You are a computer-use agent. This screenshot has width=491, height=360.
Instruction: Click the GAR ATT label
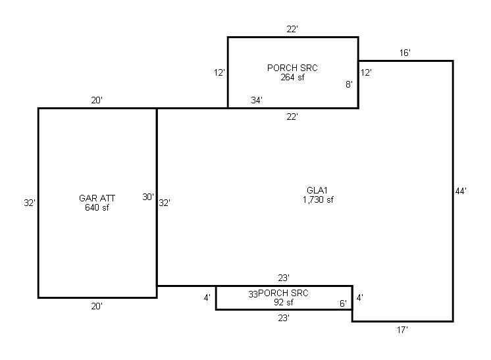[97, 198]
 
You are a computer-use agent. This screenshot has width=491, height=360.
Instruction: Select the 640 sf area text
[97, 207]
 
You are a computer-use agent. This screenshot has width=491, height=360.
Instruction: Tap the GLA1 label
[317, 190]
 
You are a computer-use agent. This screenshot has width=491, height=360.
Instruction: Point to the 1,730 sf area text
[318, 199]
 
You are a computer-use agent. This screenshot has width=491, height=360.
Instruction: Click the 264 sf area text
[292, 77]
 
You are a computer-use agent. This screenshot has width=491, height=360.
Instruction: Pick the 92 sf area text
[284, 302]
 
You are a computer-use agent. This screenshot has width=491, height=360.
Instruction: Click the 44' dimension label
[461, 191]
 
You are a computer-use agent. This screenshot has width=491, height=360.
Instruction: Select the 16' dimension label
[405, 53]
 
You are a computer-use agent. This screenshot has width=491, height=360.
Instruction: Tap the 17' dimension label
[402, 330]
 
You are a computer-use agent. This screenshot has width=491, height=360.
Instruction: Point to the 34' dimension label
[257, 100]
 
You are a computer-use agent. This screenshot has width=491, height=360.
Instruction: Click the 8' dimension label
[349, 84]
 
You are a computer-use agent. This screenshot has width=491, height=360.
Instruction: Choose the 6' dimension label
[343, 303]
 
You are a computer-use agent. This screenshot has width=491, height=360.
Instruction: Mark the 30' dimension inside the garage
[148, 197]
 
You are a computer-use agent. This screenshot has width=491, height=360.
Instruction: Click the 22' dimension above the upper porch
[292, 29]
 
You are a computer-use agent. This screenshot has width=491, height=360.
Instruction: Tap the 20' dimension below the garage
[97, 306]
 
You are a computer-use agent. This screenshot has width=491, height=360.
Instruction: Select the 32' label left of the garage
[30, 203]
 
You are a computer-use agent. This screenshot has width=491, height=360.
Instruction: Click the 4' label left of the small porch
[207, 297]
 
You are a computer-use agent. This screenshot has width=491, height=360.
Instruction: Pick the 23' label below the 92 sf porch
[284, 318]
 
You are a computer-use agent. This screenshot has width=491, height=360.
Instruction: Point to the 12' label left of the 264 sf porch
[220, 72]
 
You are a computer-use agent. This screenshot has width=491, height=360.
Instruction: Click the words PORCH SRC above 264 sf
[292, 68]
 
